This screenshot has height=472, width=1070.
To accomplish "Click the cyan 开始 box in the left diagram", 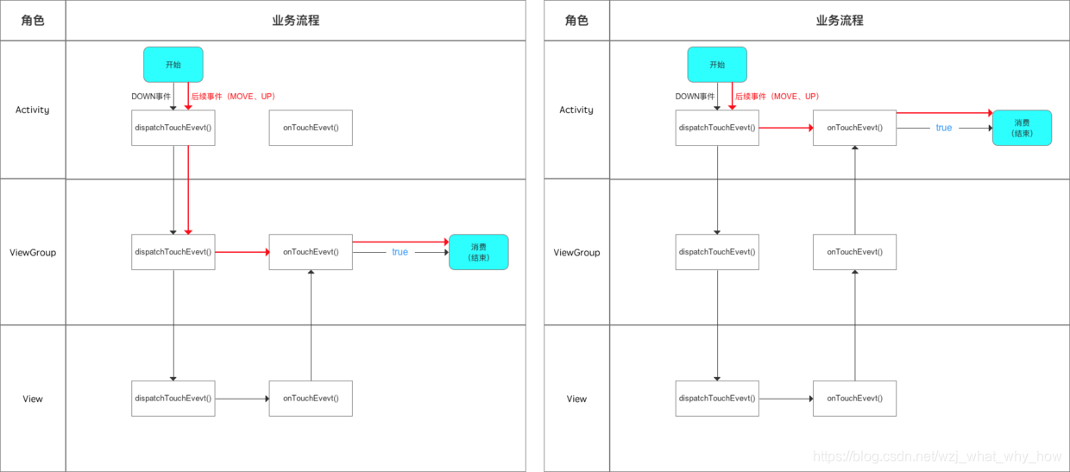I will [x=173, y=65].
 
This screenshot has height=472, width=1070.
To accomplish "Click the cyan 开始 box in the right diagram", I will [x=717, y=65].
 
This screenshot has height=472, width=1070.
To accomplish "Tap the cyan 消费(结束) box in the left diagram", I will [x=479, y=252].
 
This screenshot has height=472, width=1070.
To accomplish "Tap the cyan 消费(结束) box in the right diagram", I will [x=1022, y=128].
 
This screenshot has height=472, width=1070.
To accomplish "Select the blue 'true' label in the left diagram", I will [x=400, y=252].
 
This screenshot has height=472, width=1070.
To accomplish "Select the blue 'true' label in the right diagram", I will [x=944, y=128].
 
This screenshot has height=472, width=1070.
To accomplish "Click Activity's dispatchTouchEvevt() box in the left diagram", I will [x=173, y=128].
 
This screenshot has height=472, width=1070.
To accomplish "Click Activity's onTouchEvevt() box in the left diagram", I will [x=311, y=128].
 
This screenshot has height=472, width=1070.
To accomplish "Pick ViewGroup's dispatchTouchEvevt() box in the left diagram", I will [x=173, y=252].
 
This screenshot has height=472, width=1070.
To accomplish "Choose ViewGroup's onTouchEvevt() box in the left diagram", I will [x=311, y=252].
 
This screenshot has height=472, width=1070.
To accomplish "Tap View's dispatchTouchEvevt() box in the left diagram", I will [x=173, y=399].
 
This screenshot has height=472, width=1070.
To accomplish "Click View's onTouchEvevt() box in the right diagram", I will [x=854, y=399].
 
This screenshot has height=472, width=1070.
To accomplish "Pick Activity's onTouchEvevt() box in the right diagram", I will [x=854, y=128].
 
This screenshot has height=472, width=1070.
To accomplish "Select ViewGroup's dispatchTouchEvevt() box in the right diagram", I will [x=717, y=252].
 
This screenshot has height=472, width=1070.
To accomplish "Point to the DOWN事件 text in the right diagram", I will [x=695, y=97].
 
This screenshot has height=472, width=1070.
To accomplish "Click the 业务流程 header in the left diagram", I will [x=295, y=20].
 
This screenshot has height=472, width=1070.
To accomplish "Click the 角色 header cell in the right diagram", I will [x=576, y=20].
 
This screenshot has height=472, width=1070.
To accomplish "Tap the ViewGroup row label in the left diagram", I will [x=33, y=253].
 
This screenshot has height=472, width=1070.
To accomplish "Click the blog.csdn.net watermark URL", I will [x=937, y=456].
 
